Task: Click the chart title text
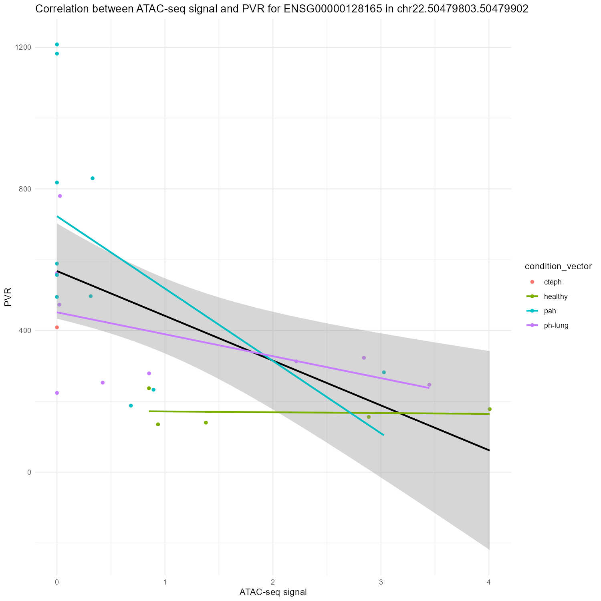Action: pos(282,9)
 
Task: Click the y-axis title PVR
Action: pos(8,297)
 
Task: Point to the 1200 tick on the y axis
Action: pos(24,47)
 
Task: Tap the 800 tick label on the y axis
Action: pos(25,189)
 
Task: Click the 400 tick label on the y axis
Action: pos(25,331)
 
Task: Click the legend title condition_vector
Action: pos(558,267)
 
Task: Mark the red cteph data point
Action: pos(57,327)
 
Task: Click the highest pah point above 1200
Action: pos(57,44)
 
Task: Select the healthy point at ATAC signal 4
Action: pos(489,409)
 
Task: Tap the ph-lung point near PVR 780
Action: pos(60,196)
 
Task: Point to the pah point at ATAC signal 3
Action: pos(384,372)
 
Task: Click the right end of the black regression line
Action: pos(489,450)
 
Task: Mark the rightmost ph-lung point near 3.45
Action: pos(429,385)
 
